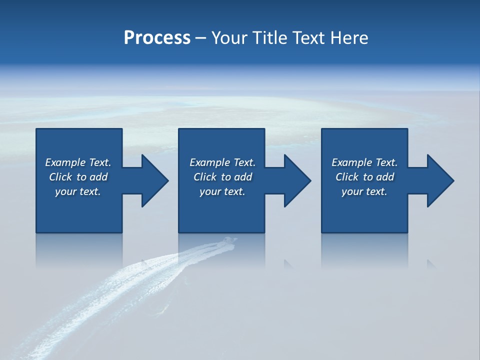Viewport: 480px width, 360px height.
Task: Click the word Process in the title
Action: coord(157,38)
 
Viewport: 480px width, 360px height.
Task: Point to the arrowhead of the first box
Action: coord(155,180)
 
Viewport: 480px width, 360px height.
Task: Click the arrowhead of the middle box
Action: coord(297,180)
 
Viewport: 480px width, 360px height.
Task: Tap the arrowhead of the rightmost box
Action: coord(440,180)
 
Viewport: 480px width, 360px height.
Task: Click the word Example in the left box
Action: coord(65,162)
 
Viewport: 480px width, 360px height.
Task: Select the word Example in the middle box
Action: coord(209,162)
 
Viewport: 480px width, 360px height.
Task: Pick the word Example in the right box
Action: coord(351,162)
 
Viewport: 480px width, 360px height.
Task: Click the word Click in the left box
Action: coord(60,177)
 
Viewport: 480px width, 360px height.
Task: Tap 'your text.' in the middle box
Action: coord(222,191)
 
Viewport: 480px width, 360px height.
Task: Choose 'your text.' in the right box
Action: coord(364,191)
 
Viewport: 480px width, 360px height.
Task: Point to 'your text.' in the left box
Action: coord(78,191)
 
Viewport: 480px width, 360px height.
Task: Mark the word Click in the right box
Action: coord(347,177)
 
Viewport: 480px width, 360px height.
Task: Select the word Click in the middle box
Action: coord(205,177)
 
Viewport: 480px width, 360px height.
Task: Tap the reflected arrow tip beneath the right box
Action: coord(431,263)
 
